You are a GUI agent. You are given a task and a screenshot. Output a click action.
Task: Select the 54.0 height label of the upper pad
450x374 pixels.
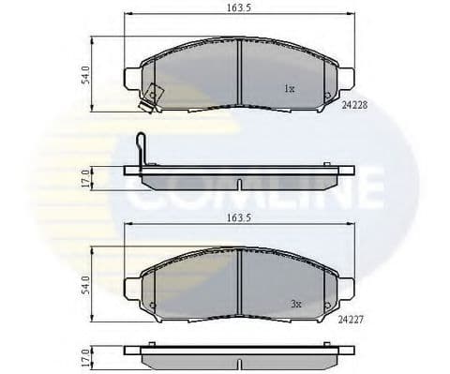click(x=85, y=75)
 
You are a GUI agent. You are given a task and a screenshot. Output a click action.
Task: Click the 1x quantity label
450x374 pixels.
click(x=290, y=89)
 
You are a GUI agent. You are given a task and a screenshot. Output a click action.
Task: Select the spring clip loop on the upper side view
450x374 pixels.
click(x=140, y=147)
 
